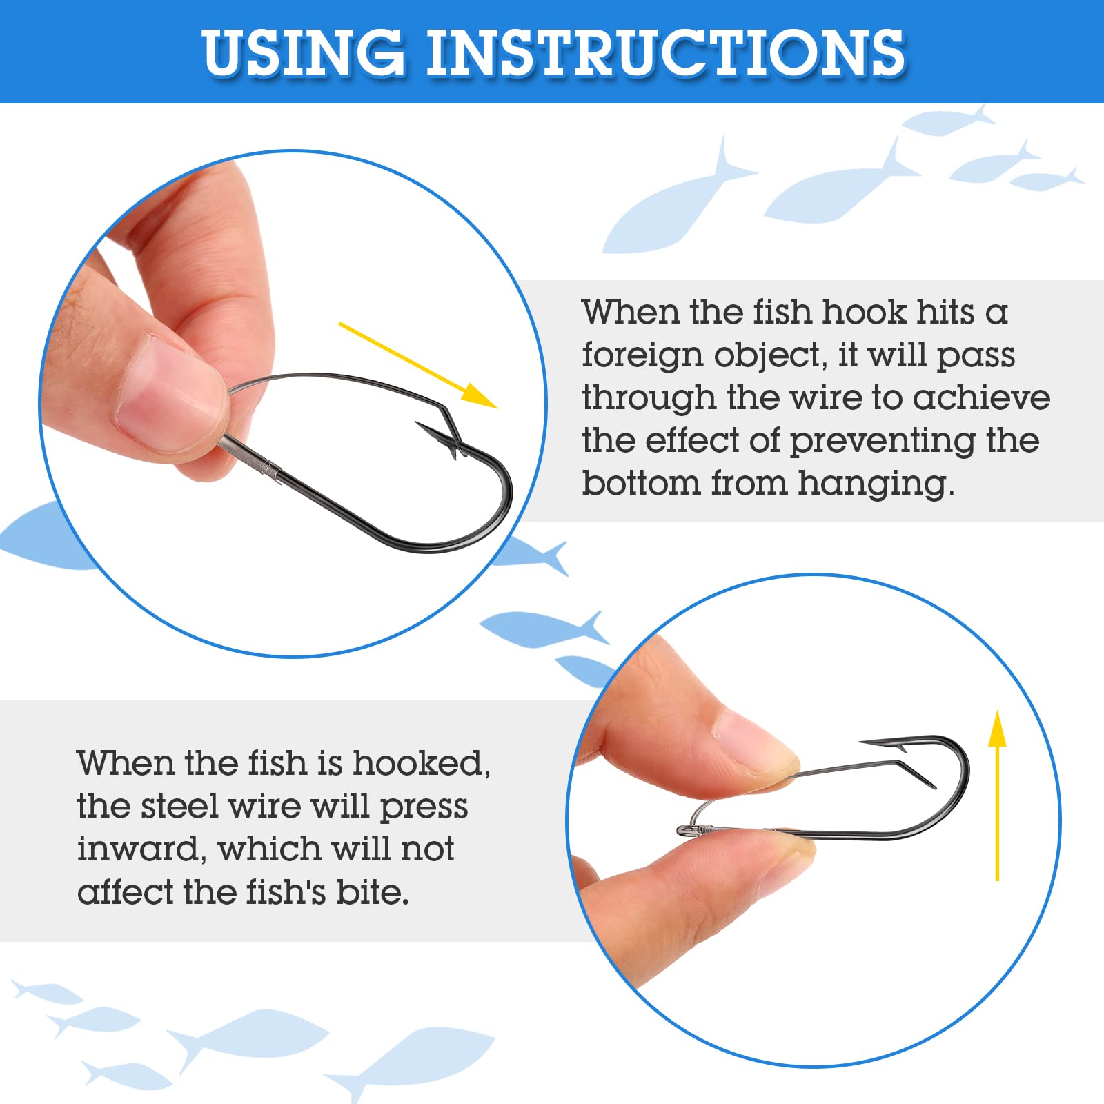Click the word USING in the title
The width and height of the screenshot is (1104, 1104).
tap(304, 52)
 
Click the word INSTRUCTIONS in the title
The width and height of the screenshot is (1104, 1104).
tap(665, 52)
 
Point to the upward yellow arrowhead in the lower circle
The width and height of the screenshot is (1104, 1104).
tap(997, 729)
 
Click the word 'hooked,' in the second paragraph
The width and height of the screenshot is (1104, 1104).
tap(422, 764)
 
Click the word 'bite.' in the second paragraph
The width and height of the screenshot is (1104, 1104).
tap(373, 892)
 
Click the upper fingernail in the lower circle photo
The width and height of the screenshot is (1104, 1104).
tap(756, 741)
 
